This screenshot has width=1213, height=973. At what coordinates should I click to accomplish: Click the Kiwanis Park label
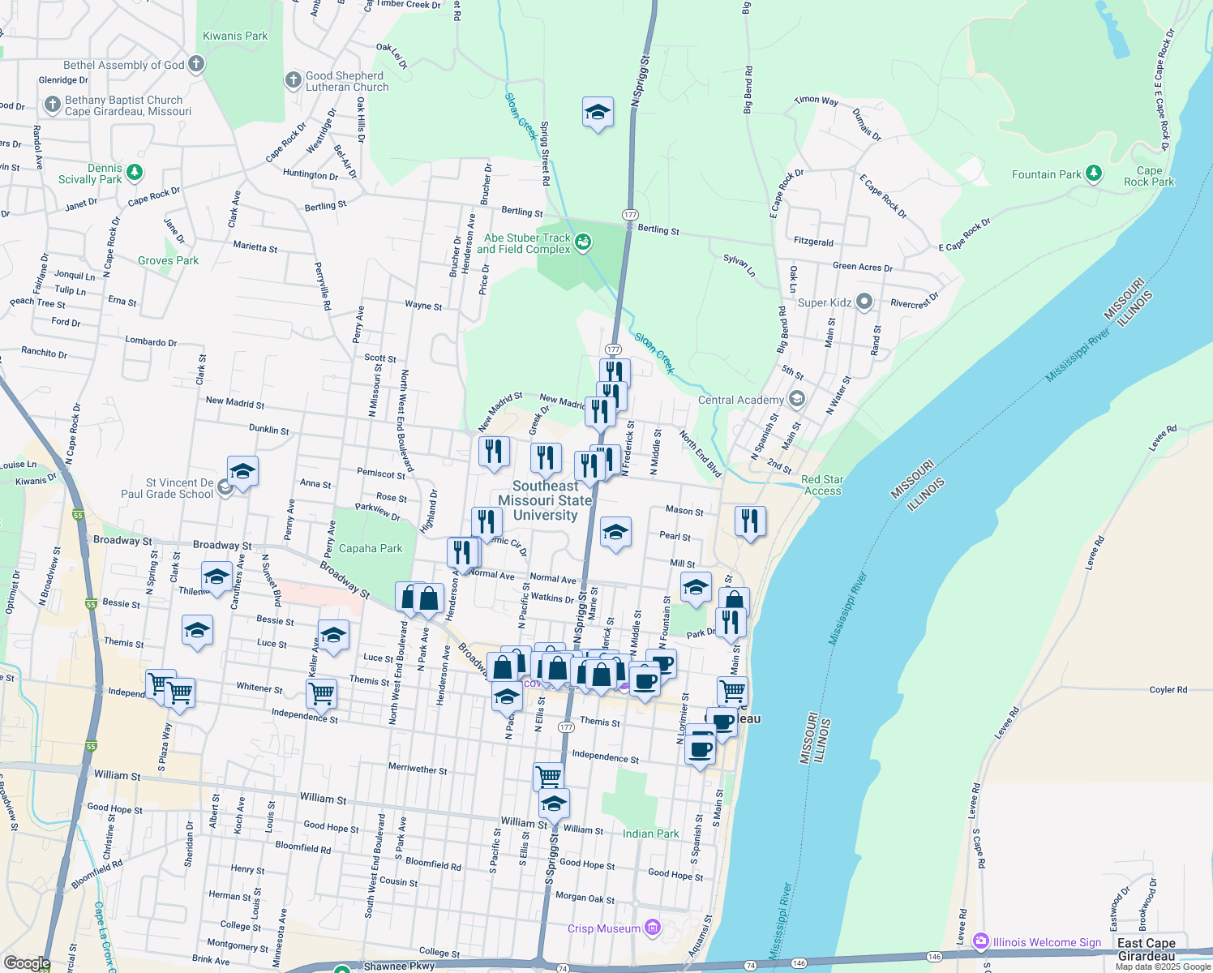tap(235, 36)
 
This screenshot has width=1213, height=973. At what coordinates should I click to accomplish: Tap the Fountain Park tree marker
tap(1094, 174)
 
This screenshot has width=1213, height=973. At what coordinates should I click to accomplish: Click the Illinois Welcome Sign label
tap(1047, 942)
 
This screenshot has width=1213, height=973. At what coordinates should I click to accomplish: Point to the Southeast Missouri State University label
tap(545, 500)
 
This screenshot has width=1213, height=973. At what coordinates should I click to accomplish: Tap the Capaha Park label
tap(371, 548)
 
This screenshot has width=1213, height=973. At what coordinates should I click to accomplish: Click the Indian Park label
tap(650, 834)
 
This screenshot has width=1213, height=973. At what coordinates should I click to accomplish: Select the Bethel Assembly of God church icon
tap(195, 65)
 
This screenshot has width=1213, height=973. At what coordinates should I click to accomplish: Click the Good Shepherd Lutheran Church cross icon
tap(293, 80)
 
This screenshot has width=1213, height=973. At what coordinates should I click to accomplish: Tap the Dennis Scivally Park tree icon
tap(135, 173)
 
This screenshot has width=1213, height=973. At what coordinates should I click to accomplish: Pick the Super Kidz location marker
tap(864, 302)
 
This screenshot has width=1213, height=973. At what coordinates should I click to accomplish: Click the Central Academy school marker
tap(797, 399)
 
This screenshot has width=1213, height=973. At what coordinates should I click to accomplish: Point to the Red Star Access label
tap(822, 485)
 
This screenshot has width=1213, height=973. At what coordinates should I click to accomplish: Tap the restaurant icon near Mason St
tap(750, 521)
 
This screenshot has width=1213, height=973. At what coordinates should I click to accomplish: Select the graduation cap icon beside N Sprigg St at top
tap(598, 113)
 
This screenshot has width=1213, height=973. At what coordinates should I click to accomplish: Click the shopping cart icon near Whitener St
tap(322, 694)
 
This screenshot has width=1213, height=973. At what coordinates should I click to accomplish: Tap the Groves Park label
tap(168, 260)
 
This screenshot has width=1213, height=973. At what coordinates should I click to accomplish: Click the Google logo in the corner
tap(27, 962)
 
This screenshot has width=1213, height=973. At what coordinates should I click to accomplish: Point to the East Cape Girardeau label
tap(1146, 949)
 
